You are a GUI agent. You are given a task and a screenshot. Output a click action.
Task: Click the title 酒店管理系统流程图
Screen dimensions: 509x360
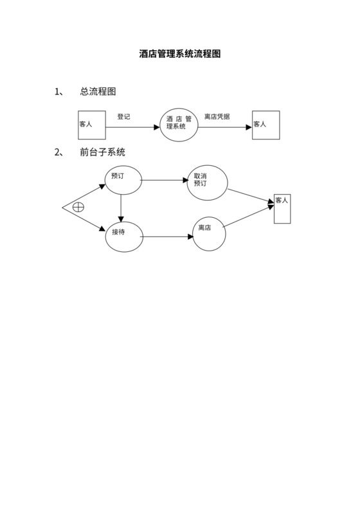[x=180, y=55]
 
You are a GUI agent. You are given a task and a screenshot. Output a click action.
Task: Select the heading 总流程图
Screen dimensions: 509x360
[x=98, y=92]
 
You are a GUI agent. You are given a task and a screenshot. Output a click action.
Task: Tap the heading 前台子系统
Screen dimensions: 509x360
[x=102, y=152]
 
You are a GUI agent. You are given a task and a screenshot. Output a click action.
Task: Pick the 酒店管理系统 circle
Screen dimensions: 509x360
[x=179, y=125]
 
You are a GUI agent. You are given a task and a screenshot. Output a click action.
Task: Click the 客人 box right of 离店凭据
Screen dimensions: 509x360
[x=265, y=125]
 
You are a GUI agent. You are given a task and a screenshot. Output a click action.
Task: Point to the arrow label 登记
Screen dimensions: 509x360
[x=123, y=117]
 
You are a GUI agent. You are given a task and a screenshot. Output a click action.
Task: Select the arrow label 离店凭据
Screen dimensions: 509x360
[x=217, y=117]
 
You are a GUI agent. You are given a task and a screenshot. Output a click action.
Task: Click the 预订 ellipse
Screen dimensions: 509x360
[x=123, y=178]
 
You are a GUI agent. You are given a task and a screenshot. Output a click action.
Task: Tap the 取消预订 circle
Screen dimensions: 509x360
[x=207, y=183]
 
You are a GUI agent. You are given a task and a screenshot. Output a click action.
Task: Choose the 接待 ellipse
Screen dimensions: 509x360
[x=123, y=235]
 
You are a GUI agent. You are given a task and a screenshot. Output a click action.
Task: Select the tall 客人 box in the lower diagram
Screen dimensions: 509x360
[x=282, y=208]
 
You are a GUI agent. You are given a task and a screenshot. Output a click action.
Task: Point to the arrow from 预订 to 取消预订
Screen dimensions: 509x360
[x=164, y=180]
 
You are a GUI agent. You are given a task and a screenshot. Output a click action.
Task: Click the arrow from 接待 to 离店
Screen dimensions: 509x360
[x=166, y=237]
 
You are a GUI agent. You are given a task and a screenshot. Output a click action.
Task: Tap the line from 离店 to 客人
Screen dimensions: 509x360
[x=248, y=217]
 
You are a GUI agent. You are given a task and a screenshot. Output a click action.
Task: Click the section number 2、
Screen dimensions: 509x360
[x=59, y=152]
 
